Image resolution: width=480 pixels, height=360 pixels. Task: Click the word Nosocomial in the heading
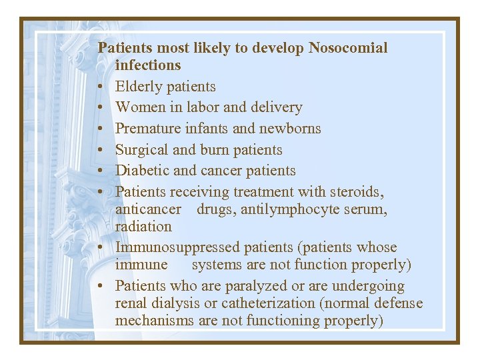click(x=347, y=48)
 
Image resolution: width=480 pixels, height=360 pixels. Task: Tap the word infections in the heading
click(x=148, y=65)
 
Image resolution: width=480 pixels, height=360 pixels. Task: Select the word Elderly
click(x=139, y=87)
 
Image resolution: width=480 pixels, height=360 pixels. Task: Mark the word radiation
click(x=143, y=227)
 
